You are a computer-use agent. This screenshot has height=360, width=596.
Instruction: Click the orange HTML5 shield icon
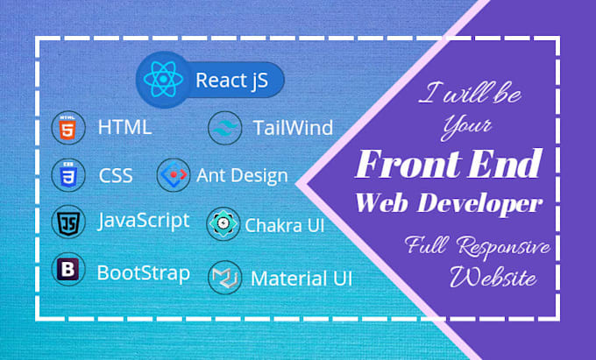tap(67, 128)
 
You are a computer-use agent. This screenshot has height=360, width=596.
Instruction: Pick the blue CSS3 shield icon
tap(67, 174)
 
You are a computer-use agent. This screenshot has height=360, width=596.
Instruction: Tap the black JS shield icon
tap(67, 222)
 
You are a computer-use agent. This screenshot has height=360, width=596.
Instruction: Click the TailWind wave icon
tap(224, 128)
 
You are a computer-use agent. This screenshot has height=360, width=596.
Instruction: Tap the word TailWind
tap(292, 128)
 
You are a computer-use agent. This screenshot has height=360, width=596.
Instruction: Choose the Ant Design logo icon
tap(173, 175)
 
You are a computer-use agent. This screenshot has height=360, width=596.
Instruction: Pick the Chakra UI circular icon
tap(223, 224)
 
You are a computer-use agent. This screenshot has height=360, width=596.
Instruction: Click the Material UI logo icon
tap(224, 278)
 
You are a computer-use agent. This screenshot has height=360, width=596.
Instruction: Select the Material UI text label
tap(302, 279)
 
